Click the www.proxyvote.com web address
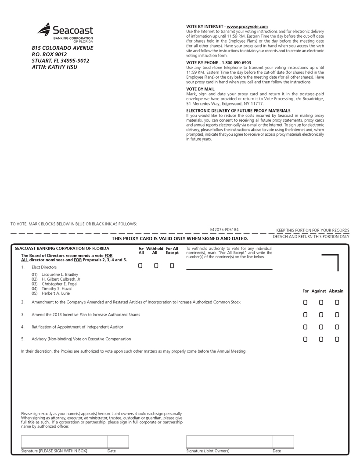[247, 27]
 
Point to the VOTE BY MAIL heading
[200, 89]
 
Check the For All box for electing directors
[140, 266]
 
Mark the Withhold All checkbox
[156, 266]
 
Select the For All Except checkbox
[172, 266]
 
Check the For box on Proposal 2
[305, 303]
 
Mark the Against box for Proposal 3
[321, 315]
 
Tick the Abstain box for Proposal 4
[337, 327]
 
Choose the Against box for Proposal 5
[321, 340]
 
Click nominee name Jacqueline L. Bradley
[59, 275]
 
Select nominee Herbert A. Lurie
[56, 293]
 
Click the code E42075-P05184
[224, 230]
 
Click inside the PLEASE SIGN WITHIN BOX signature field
[64, 442]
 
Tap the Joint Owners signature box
[229, 442]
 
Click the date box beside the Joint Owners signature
[283, 442]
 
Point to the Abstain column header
[336, 291]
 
